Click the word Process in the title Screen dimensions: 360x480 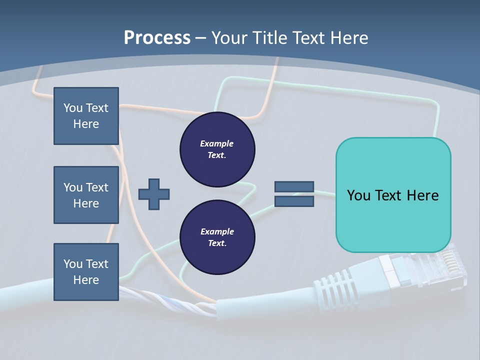(157, 38)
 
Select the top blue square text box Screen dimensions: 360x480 (86, 116)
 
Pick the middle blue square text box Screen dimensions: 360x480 (86, 195)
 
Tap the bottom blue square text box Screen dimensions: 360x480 (86, 271)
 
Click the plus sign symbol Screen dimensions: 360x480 (154, 194)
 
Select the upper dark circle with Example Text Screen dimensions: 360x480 (217, 149)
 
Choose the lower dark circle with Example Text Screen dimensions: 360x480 (217, 237)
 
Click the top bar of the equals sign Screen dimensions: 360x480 (294, 187)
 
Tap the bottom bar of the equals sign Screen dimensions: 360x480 (294, 201)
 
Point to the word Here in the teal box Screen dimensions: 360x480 (422, 195)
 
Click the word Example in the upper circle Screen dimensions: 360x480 (217, 143)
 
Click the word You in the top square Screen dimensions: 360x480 (73, 108)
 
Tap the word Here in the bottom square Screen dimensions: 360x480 (86, 280)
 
